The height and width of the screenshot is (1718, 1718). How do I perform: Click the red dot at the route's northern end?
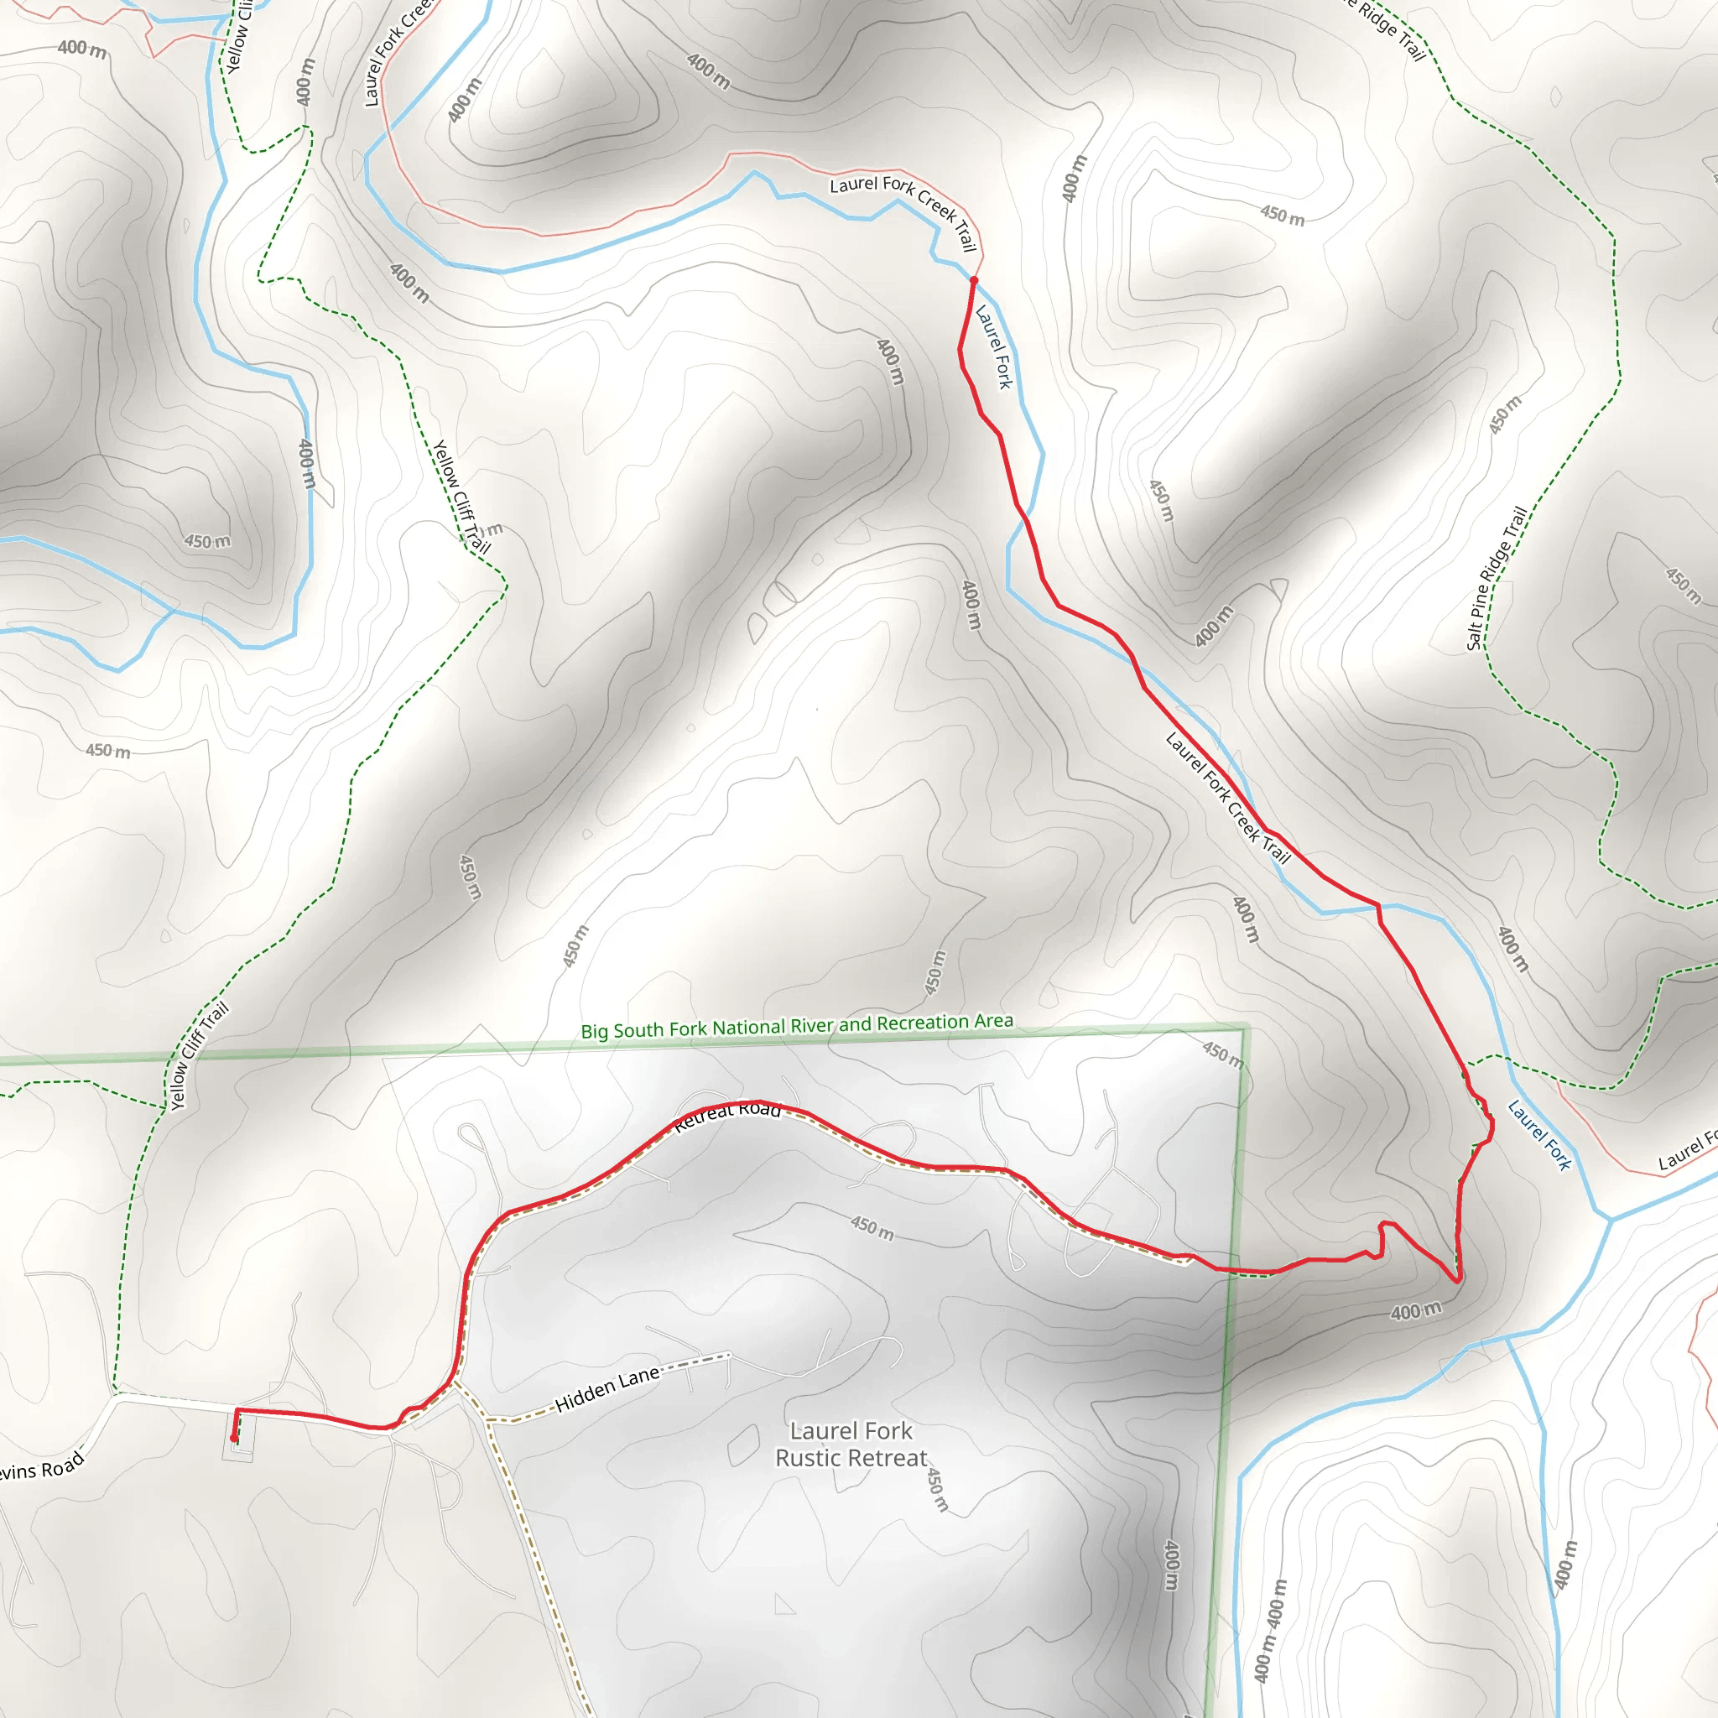[x=974, y=280]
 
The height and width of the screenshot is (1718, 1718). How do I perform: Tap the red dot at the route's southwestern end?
[x=234, y=1438]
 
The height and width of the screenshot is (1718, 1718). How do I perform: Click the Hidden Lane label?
[x=608, y=1389]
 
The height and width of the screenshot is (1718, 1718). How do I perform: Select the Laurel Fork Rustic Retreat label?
[x=851, y=1445]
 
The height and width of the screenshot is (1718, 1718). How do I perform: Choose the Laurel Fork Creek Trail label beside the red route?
[x=1228, y=798]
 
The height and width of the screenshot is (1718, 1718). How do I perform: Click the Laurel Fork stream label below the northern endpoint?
[x=994, y=346]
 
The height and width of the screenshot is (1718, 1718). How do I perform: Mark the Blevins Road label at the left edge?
[x=40, y=1469]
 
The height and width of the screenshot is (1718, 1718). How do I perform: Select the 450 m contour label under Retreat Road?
[x=872, y=1228]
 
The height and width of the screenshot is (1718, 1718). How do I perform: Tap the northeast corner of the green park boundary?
[x=1247, y=1028]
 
